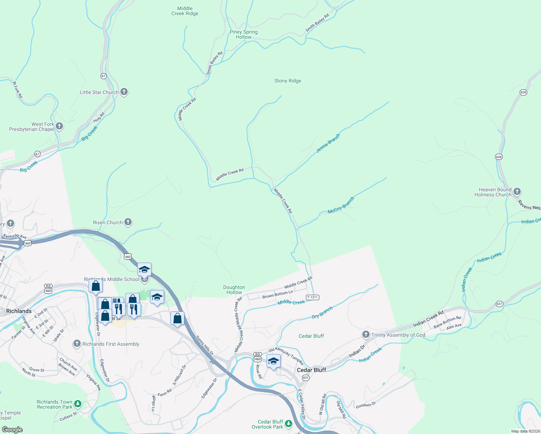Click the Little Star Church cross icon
coord(124,92)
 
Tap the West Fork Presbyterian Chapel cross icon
coord(60,127)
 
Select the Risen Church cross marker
coord(128,222)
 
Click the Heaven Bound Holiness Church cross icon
coord(517,192)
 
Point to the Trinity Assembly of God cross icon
coord(366,335)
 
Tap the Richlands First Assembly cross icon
coord(77,344)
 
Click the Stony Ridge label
coord(287,81)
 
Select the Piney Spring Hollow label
coord(243,34)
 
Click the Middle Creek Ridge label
coord(185,11)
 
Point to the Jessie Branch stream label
coord(328,143)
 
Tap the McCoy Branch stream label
coord(341,205)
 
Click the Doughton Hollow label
coord(234,290)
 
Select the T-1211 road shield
coord(312,297)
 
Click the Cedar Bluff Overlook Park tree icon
coord(288,423)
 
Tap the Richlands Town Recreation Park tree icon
coord(78,404)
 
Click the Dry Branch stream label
coord(322,313)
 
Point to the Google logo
coord(12,430)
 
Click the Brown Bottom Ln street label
coord(277,294)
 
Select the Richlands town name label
coord(19,311)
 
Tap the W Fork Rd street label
coord(17,90)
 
